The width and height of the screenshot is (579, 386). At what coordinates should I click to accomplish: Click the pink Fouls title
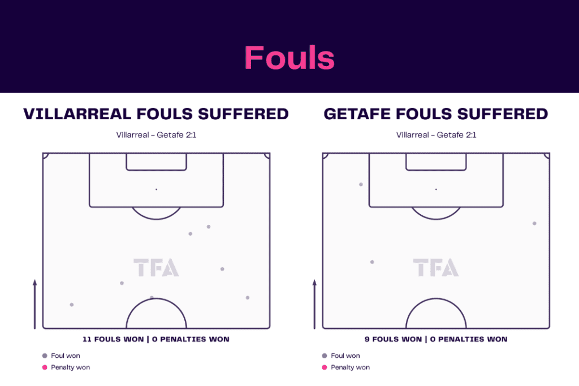pos(289,58)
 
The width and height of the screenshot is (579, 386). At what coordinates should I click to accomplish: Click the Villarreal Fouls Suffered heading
pos(156,114)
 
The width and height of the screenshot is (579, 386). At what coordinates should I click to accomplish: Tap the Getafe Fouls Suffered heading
pos(436,114)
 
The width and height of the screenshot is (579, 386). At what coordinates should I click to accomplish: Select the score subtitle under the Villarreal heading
pos(156,135)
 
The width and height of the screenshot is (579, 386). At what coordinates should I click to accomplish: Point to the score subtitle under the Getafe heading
pos(436,135)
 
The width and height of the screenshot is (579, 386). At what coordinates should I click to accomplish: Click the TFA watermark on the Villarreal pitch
pos(156,267)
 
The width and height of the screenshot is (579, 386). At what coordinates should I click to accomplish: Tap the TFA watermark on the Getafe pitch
pos(436,267)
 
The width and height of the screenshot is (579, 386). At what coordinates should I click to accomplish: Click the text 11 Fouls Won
pos(113,339)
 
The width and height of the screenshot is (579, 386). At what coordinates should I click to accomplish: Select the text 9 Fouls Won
pos(393,339)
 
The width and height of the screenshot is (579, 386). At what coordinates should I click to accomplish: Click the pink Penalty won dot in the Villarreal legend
pos(45,367)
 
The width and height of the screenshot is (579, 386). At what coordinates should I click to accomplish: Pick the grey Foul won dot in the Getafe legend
pos(325,355)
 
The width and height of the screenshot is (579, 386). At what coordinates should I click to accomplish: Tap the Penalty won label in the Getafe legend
pos(350,367)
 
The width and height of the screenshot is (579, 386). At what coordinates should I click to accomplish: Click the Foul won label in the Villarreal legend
pos(66,355)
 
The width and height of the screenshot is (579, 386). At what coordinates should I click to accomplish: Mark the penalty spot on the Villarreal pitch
pos(156,189)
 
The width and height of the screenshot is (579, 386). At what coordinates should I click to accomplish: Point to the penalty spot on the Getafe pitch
pos(436,189)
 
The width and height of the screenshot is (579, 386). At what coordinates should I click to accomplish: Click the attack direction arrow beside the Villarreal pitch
pos(34,304)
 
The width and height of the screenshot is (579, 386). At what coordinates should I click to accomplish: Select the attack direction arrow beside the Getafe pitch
pos(314,304)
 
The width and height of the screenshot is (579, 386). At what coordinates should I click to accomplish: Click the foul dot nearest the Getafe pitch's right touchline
pos(534,223)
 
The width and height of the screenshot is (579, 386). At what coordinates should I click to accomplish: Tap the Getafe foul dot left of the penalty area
pos(361,184)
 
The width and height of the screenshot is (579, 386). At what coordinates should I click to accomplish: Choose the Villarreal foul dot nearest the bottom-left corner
pos(72,305)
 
